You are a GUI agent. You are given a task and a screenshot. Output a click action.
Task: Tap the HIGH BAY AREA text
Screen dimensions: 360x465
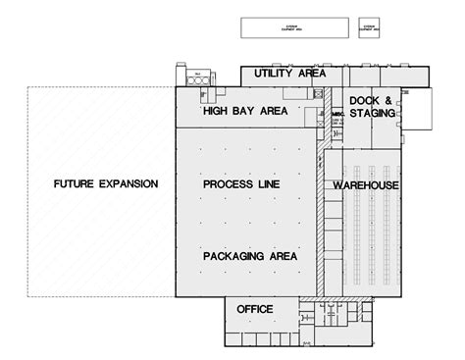(x=245, y=112)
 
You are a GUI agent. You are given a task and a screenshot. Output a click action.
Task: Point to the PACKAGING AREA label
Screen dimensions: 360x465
(x=251, y=256)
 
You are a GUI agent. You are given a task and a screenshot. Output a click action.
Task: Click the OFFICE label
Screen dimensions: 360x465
(x=255, y=310)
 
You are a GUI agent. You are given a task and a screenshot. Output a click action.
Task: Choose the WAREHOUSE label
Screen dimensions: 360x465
(x=364, y=184)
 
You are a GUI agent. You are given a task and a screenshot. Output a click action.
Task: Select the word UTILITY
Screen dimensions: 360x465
(x=275, y=75)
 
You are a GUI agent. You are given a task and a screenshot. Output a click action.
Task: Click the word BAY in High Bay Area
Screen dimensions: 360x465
(x=245, y=112)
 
